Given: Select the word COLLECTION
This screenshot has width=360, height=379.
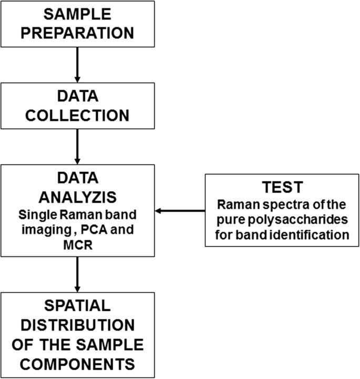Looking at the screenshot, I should [77, 115].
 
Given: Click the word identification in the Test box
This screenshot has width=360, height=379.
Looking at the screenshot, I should [305, 234].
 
